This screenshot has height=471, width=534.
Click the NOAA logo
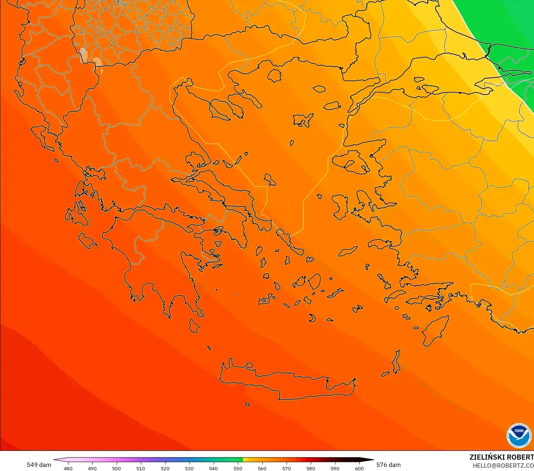[x=519, y=436]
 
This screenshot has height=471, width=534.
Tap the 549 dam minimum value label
[x=39, y=465]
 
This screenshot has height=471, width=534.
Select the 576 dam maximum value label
[x=388, y=465]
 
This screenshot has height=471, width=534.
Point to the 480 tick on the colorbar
[x=68, y=468]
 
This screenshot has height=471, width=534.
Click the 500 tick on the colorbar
[x=116, y=468]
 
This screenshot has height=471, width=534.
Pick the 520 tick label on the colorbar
[x=165, y=468]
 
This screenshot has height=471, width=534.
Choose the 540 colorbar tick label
[x=213, y=468]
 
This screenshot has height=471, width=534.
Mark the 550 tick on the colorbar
[x=238, y=468]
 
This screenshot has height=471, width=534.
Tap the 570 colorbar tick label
[x=287, y=468]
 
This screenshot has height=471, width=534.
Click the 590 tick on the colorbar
[x=335, y=468]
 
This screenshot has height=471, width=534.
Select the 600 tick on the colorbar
[x=359, y=468]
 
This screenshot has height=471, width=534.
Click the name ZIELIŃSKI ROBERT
[x=501, y=457]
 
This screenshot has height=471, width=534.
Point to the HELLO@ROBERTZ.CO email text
[x=503, y=466]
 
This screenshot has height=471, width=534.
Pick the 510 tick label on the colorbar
[x=141, y=468]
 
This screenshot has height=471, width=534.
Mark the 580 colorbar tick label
[x=311, y=468]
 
